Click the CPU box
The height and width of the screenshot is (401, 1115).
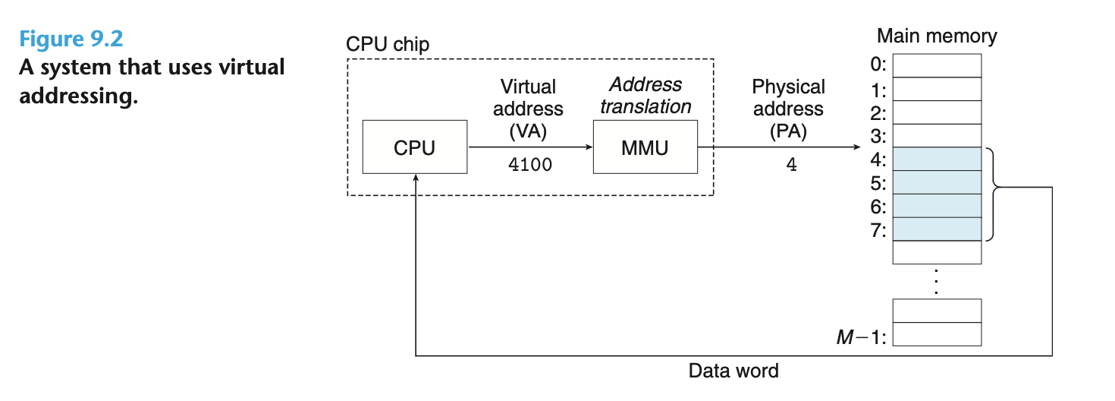point(414,147)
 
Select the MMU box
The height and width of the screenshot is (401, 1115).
point(645,147)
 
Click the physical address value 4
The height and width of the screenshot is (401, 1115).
point(791,165)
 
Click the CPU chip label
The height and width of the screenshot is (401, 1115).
point(388,44)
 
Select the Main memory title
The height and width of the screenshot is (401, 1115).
point(937,36)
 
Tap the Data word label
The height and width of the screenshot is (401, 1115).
point(733,371)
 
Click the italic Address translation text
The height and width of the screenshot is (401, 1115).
point(645,96)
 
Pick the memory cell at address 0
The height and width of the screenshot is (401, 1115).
point(937,66)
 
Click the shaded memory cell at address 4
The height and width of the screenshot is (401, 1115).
point(937,159)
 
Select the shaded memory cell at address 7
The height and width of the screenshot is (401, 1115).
point(937,229)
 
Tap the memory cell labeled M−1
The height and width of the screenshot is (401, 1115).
point(937,334)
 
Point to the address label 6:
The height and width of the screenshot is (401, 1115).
point(878,207)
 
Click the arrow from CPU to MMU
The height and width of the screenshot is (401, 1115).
point(531,147)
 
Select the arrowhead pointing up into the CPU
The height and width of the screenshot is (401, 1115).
point(415,177)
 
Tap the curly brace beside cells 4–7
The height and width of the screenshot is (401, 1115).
point(994,194)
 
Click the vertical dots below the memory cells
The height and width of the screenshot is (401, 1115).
point(937,282)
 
